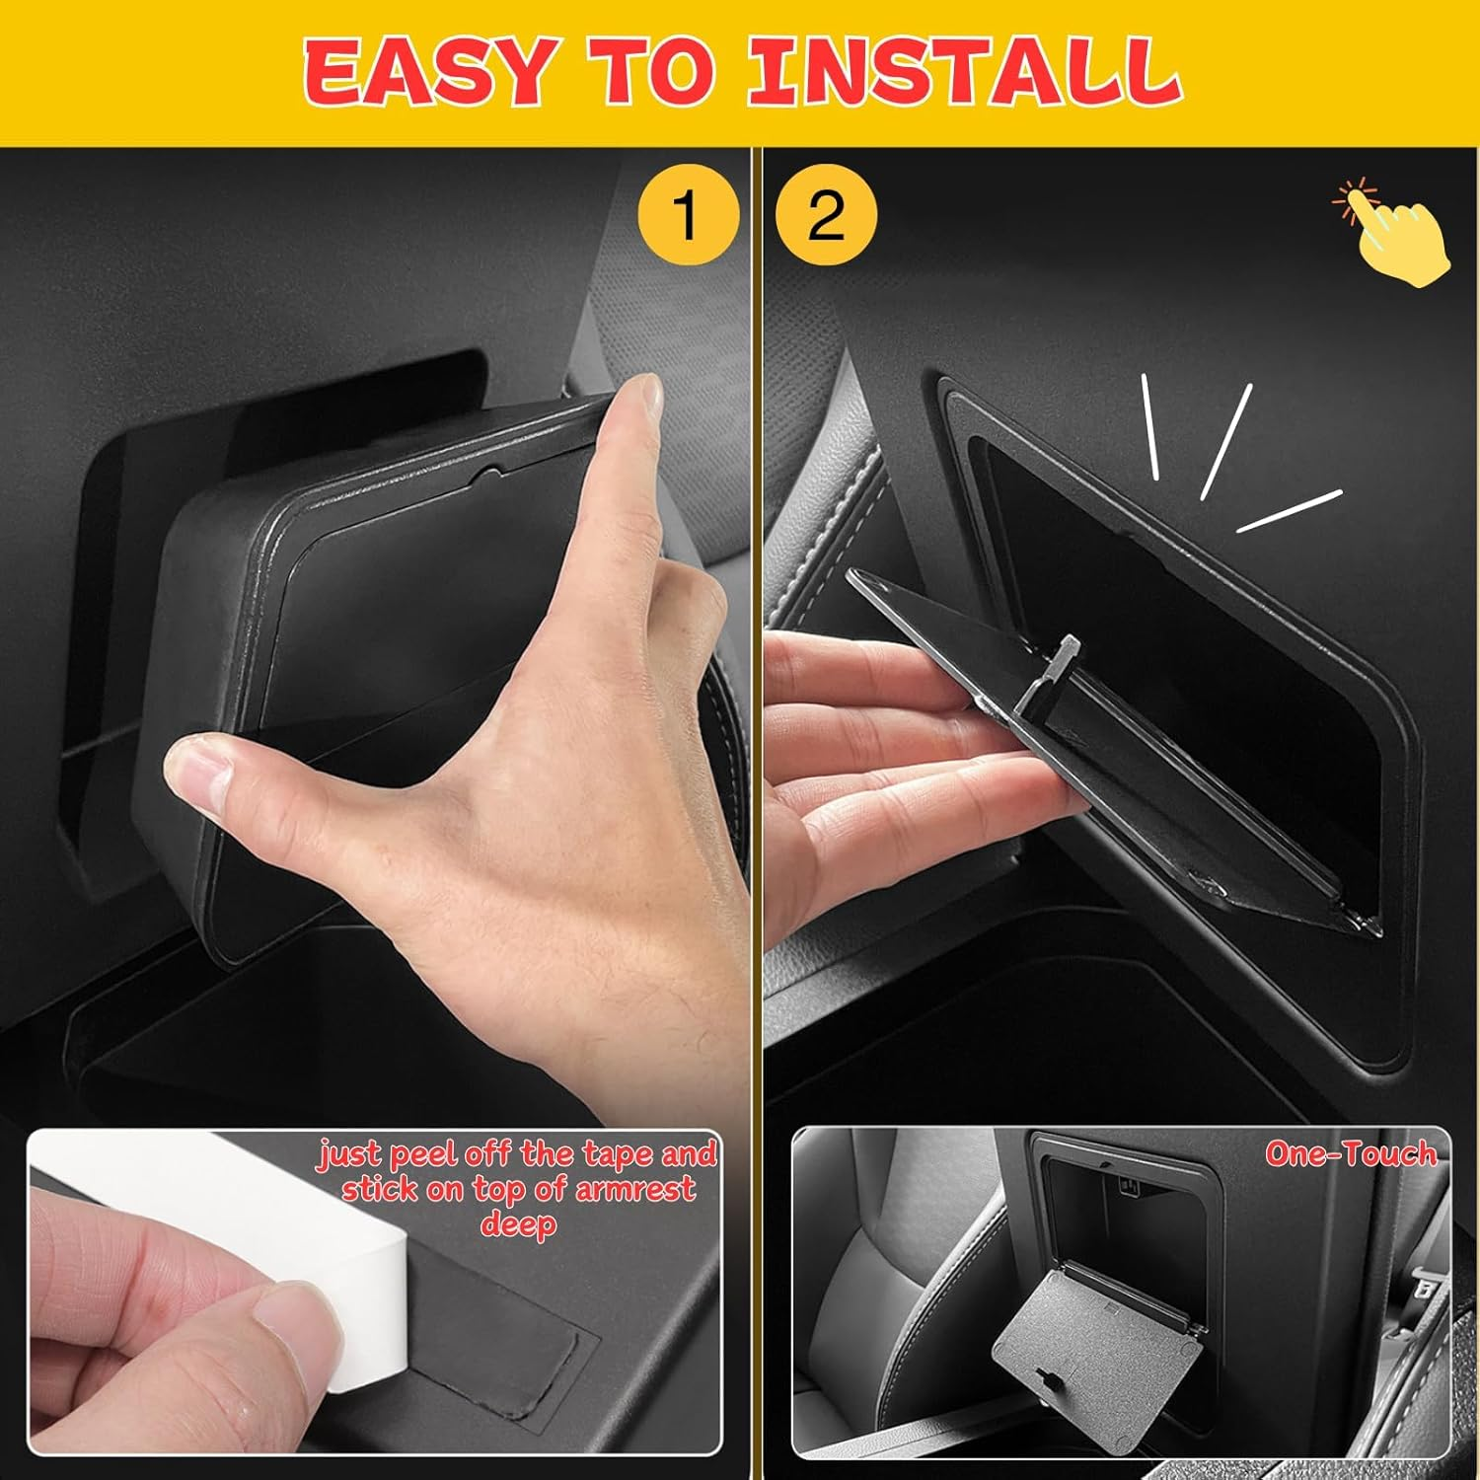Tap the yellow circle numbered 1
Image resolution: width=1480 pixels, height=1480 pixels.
688,215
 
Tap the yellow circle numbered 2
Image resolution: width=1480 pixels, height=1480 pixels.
826,215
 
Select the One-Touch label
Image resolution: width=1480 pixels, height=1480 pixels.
1351,1153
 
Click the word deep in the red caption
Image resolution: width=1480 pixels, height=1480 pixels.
518,1224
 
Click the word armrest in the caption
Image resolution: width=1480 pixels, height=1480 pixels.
634,1189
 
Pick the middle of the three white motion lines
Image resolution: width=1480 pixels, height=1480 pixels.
1226,440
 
